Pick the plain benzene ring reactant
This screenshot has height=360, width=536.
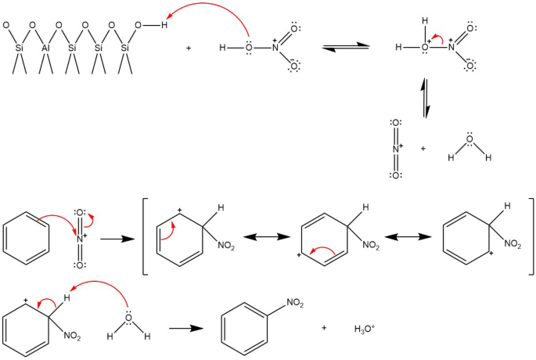coord(27,236)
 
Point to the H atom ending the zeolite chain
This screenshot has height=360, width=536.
coord(164,25)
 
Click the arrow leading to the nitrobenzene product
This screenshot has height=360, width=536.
coord(182,328)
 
